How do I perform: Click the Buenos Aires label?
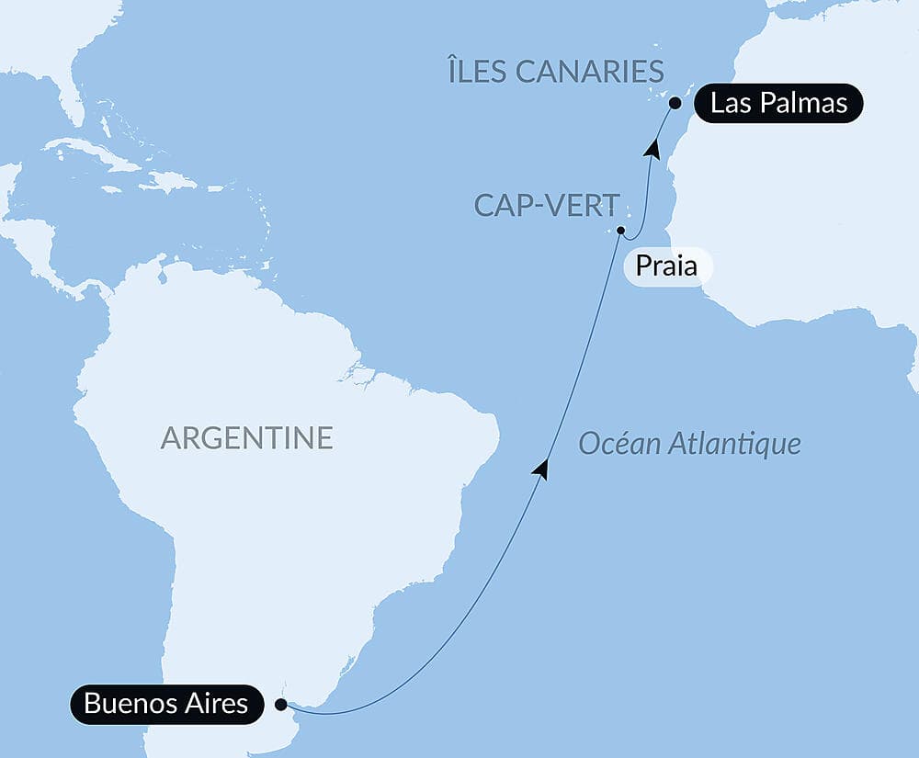[x=165, y=705]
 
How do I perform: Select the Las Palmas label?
[x=778, y=103]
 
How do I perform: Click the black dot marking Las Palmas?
[x=675, y=103]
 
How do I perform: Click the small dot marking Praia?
[x=621, y=231]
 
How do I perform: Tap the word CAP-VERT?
[x=535, y=205]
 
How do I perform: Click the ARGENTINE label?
[x=246, y=438]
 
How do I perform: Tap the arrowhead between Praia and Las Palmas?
[x=653, y=147]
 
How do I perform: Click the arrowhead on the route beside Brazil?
[x=542, y=469]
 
